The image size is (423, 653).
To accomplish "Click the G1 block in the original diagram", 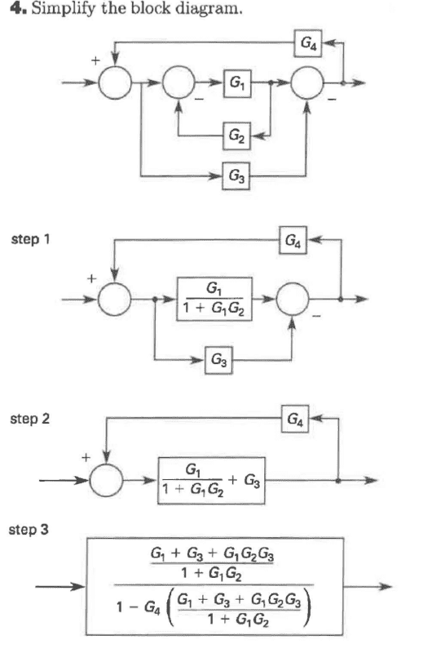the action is click(237, 84).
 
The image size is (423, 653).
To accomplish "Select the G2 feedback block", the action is click(236, 135).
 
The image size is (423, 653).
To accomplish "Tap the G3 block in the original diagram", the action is click(236, 176).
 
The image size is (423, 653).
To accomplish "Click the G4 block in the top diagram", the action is click(308, 43).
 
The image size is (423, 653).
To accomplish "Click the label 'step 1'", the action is click(30, 239).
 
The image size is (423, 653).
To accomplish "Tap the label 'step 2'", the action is click(29, 419).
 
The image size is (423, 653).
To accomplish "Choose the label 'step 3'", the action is click(29, 530).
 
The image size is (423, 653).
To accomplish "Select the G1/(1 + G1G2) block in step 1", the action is click(214, 299).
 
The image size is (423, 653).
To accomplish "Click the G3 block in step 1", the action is click(218, 360).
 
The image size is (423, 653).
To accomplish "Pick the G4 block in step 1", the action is click(293, 240).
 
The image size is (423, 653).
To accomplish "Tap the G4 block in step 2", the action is click(295, 419).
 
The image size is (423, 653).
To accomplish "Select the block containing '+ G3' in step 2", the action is click(211, 481).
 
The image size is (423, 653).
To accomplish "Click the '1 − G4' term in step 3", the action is click(138, 607).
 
